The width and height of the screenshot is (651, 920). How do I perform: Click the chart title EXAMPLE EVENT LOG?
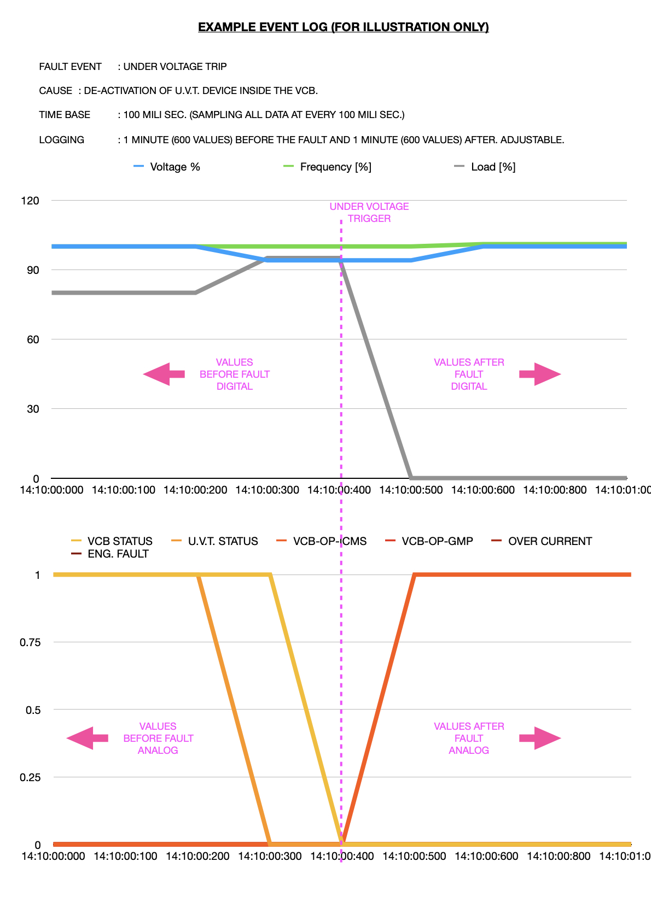click(343, 27)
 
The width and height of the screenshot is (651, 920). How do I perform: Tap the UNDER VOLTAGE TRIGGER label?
click(369, 212)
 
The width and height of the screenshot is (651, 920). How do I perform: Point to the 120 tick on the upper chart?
click(30, 201)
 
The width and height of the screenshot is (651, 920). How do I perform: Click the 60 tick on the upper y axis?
click(33, 339)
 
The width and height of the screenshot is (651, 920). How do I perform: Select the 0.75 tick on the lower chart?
click(30, 642)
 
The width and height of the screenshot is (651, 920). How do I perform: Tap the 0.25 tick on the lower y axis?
click(30, 777)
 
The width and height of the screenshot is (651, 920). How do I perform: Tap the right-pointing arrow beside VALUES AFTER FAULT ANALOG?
click(540, 739)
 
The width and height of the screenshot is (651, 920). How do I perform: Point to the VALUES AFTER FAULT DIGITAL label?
click(469, 374)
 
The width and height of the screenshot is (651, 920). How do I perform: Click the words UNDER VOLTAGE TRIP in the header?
click(175, 67)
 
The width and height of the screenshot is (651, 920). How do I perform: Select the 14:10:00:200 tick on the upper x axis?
click(195, 490)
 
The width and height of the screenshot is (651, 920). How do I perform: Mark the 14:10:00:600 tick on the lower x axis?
click(486, 856)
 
